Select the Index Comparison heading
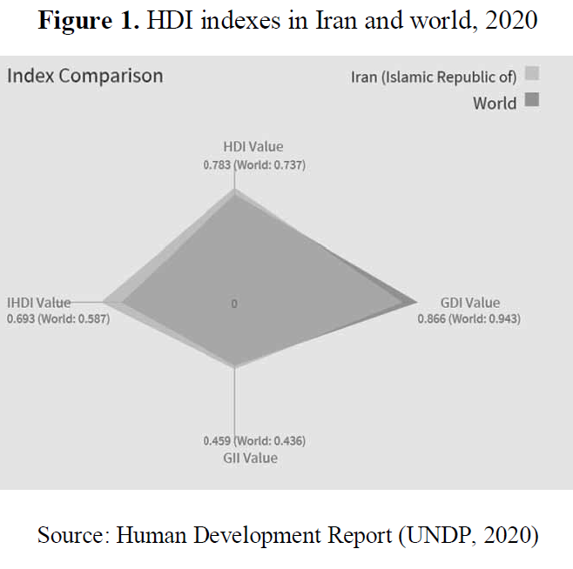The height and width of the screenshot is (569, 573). [x=84, y=76]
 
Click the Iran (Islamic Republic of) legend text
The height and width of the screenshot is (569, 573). [x=434, y=77]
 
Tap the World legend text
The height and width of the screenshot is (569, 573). [x=495, y=104]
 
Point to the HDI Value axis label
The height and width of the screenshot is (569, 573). [x=253, y=147]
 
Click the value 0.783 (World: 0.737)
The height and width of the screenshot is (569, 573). [x=253, y=164]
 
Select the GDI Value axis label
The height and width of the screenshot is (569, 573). [x=470, y=303]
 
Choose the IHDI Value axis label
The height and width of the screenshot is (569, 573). [x=39, y=303]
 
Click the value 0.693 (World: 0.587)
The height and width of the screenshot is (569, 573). [x=58, y=318]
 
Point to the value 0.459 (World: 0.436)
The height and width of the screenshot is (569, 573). [x=253, y=441]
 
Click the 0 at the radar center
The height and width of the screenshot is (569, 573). [x=234, y=304]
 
